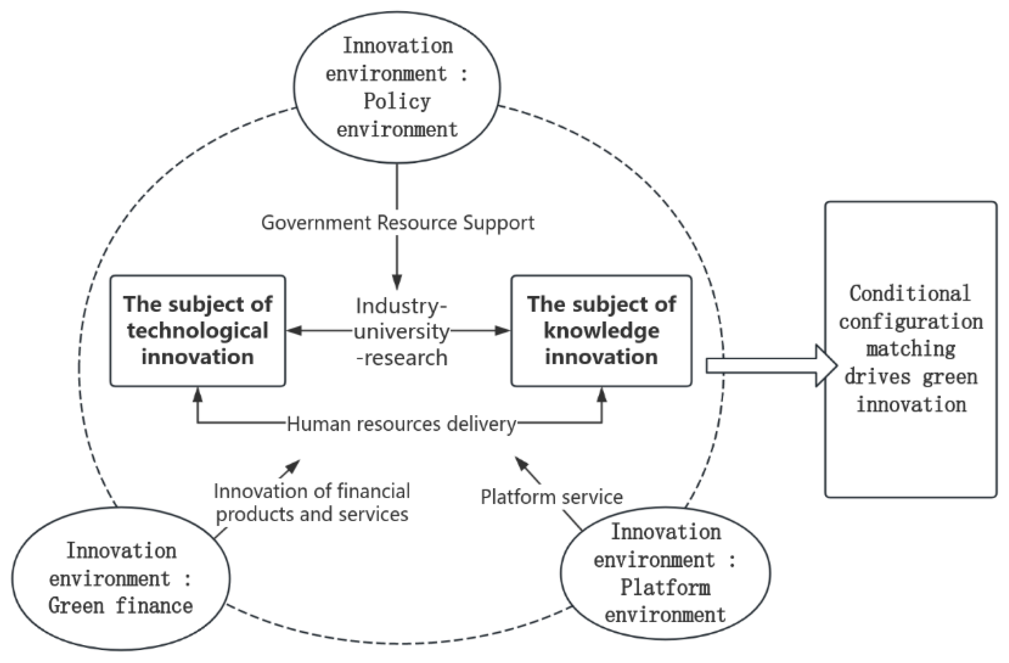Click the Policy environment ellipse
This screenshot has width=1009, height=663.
coord(397,87)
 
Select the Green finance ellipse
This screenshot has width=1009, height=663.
coord(120,578)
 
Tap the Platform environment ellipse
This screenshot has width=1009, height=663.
coord(665,573)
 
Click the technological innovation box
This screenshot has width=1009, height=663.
coord(198,331)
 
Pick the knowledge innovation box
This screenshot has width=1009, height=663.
coord(602,331)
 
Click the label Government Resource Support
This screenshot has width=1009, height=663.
coord(398,222)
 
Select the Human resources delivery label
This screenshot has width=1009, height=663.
coord(401,424)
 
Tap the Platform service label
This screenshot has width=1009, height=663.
coord(551,497)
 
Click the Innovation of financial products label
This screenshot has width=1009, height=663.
coord(311,502)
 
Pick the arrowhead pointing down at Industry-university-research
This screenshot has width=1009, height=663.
coord(397,282)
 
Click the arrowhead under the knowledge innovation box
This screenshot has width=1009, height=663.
coord(602,395)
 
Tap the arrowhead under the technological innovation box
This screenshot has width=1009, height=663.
coord(198,395)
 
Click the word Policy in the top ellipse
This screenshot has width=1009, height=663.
coord(397,101)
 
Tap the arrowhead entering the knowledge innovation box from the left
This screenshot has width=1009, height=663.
coord(503,331)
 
